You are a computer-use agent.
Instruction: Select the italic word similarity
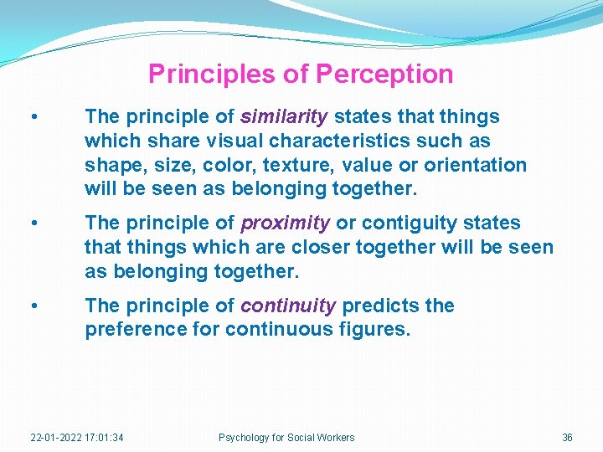[284, 116]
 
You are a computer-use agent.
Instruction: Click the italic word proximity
[285, 223]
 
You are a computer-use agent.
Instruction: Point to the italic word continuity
[288, 306]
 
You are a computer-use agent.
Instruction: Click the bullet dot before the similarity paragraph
[32, 117]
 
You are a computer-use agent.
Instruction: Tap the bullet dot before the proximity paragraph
[32, 224]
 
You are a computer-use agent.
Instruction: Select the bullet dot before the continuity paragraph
[32, 306]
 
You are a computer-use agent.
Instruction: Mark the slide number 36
[567, 438]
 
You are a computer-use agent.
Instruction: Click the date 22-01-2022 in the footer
[56, 438]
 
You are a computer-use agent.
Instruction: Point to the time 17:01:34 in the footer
[105, 438]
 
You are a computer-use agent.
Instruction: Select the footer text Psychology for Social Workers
[286, 438]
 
